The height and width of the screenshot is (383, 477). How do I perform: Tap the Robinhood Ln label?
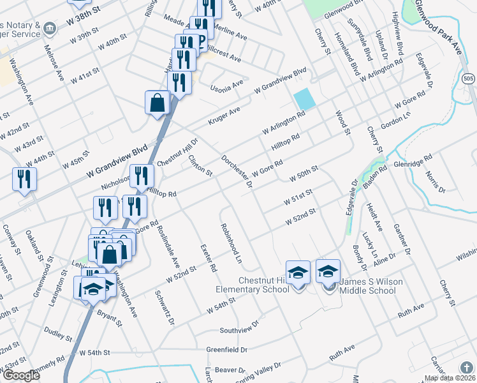point(231,244)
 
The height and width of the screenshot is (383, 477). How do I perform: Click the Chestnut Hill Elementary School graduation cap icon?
point(298,273)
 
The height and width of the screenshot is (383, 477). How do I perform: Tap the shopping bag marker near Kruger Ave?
point(157,102)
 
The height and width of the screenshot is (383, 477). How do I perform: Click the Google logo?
point(21,375)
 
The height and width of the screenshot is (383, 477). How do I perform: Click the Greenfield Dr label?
point(226,350)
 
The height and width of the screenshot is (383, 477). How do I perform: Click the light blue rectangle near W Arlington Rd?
point(304,98)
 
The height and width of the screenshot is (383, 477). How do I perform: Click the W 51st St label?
point(298,196)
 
